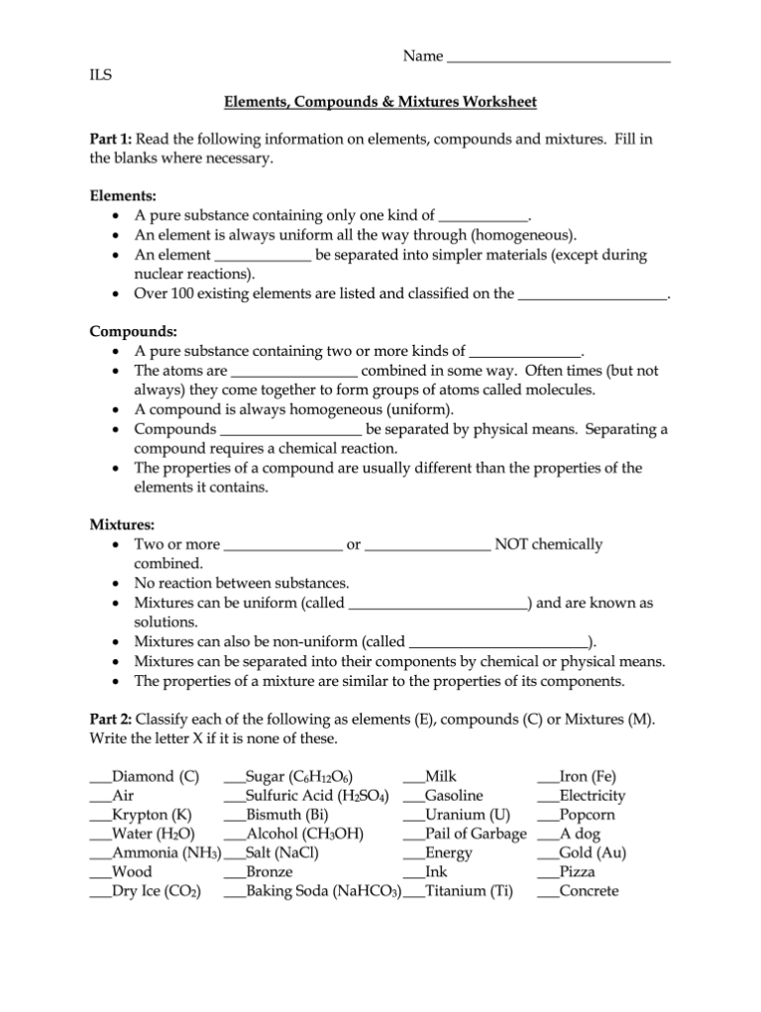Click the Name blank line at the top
[559, 58]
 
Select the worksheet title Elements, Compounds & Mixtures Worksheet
[380, 102]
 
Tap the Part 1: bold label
[110, 140]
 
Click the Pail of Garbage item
[475, 835]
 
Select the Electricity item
[592, 796]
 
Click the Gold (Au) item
[592, 853]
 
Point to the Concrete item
[589, 892]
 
